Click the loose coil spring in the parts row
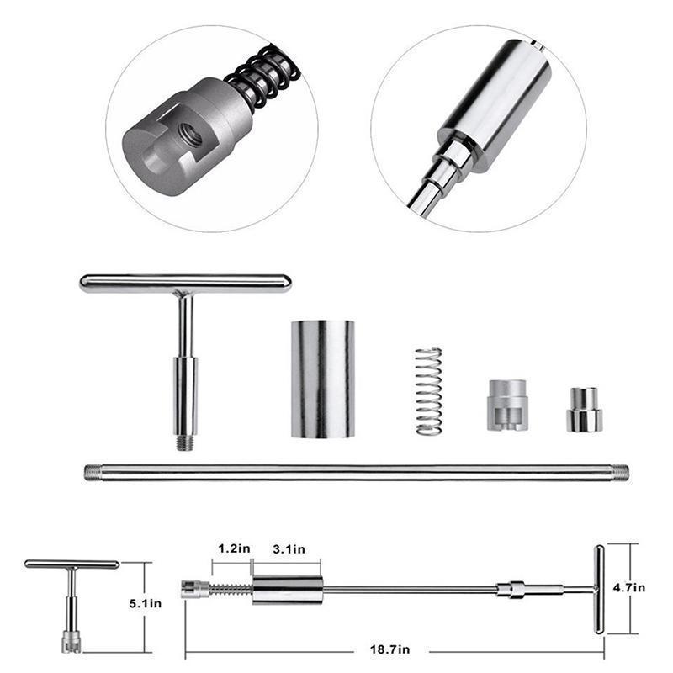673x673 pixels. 429,391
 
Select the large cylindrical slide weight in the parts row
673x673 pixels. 323,379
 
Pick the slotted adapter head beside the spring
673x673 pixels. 507,405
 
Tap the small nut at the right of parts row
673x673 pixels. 584,410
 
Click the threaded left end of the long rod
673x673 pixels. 93,472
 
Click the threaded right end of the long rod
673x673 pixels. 620,472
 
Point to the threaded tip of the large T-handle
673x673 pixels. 185,442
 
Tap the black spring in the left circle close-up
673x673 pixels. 262,76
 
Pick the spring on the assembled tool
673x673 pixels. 230,590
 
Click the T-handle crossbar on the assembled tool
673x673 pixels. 599,589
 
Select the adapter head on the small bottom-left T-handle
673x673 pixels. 72,642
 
